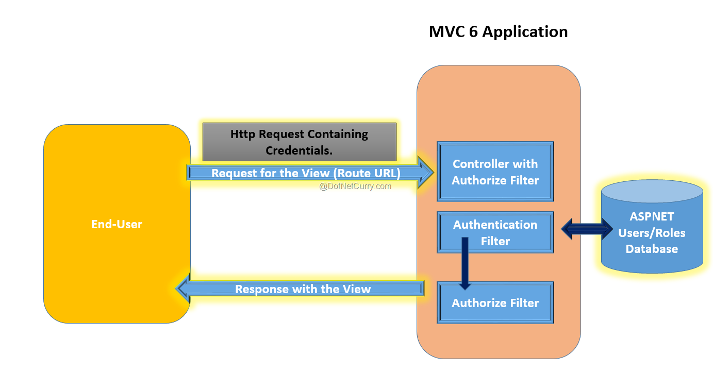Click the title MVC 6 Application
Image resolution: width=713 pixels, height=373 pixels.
pyautogui.click(x=498, y=31)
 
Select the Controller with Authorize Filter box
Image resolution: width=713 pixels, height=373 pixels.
pyautogui.click(x=495, y=172)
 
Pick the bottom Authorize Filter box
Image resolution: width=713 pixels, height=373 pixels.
pyautogui.click(x=495, y=303)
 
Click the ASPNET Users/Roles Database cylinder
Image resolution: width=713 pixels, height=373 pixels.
pyautogui.click(x=652, y=227)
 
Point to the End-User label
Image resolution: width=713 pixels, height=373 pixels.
pyautogui.click(x=117, y=224)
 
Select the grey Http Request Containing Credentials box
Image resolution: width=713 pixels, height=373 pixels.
pyautogui.click(x=299, y=142)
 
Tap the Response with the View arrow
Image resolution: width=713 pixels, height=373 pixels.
pyautogui.click(x=303, y=289)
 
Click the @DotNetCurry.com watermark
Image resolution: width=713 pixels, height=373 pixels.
pyautogui.click(x=355, y=186)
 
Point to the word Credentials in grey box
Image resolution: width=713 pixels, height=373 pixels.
pyautogui.click(x=299, y=150)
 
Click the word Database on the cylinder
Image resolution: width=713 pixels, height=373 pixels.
pyautogui.click(x=652, y=249)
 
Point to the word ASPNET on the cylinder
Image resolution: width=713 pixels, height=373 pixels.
pyautogui.click(x=652, y=216)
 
